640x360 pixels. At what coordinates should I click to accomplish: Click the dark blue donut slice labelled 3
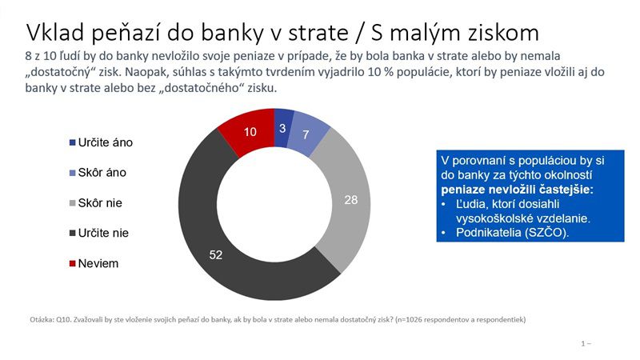283,128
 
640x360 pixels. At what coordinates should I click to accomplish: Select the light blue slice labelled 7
307,134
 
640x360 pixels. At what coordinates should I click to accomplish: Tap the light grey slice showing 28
350,200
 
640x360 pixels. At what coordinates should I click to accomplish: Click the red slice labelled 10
250,132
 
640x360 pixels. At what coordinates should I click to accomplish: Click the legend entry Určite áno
101,142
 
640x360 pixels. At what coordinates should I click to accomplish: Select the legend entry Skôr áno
98,173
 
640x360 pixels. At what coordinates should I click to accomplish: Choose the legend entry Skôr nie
95,203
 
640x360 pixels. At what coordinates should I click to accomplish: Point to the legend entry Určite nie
98,233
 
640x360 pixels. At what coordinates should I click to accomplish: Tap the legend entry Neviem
94,263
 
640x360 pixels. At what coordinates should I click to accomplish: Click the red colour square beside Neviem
73,264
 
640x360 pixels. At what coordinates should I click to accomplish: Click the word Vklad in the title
55,32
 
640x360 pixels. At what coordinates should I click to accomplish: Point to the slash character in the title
359,33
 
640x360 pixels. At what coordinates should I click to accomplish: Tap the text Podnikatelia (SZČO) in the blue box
512,233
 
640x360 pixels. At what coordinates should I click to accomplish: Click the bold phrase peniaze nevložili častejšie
517,190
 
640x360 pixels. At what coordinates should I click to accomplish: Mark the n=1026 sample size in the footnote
410,319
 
